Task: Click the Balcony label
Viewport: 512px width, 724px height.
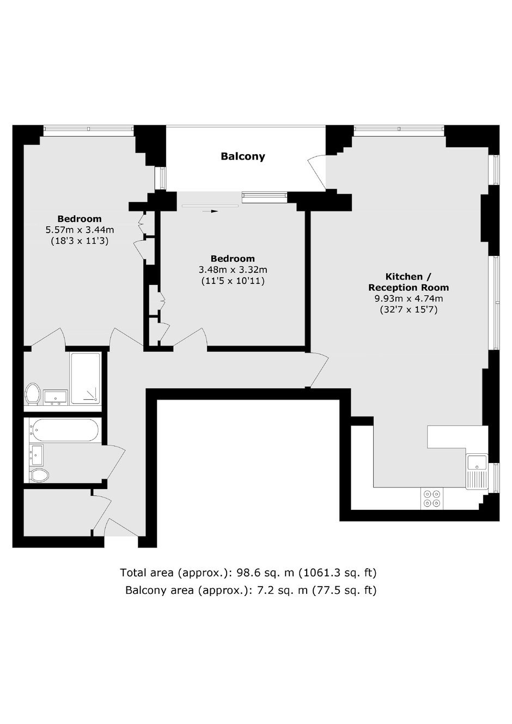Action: click(243, 156)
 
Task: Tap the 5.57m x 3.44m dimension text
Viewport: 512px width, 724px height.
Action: click(80, 230)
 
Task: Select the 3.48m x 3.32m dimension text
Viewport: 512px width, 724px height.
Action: click(233, 270)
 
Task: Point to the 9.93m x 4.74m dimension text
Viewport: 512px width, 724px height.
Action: click(409, 299)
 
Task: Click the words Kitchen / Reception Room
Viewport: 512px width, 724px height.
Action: click(409, 282)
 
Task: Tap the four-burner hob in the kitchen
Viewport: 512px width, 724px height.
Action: click(432, 498)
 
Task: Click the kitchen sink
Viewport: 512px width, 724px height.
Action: click(477, 470)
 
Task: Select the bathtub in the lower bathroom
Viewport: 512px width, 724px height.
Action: click(65, 430)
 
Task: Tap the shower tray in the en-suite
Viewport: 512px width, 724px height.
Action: click(86, 379)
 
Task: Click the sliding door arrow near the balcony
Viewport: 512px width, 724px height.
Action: click(210, 211)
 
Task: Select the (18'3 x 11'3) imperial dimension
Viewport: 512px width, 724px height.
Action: click(80, 241)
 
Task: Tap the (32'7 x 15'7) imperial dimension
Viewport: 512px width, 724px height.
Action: click(409, 309)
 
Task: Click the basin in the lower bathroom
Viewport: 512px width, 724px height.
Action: click(36, 453)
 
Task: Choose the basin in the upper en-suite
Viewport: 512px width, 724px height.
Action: click(55, 397)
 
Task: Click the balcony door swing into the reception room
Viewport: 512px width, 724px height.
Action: click(318, 172)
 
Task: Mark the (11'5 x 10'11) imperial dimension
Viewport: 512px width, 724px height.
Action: click(233, 281)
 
